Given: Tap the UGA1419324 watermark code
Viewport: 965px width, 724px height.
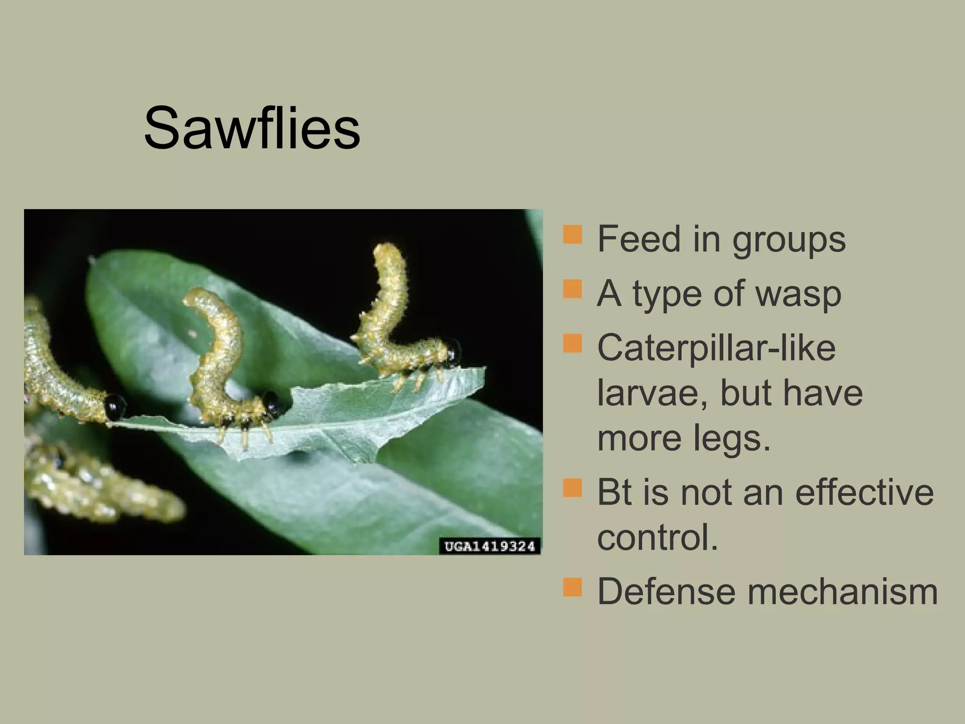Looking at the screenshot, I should coord(490,547).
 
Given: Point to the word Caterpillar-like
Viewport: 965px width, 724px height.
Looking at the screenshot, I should coord(716,348).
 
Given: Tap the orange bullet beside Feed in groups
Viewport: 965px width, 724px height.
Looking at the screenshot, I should coord(572,234).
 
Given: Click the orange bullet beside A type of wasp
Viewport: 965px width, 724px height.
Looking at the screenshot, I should coord(572,288).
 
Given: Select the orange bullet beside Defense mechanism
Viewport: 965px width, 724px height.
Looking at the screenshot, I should coord(572,587).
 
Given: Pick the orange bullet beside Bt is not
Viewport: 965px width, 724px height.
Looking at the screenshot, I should coord(572,487).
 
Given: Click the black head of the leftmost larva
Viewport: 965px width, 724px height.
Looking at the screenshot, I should coord(115,406).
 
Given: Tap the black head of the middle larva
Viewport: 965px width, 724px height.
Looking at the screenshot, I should coord(272,402).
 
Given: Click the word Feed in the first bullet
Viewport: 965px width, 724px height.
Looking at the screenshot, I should coord(638,239).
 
